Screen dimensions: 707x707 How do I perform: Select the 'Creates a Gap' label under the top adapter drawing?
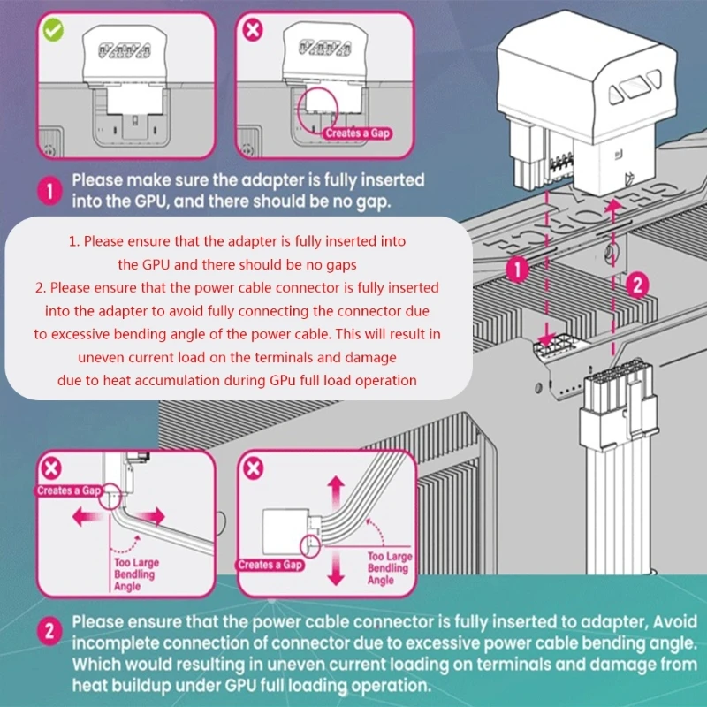click(x=356, y=133)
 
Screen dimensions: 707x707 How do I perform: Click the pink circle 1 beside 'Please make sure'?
click(x=51, y=190)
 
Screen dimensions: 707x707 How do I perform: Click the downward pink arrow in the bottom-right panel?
click(x=336, y=571)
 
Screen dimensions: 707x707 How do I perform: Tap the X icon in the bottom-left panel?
click(x=53, y=468)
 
